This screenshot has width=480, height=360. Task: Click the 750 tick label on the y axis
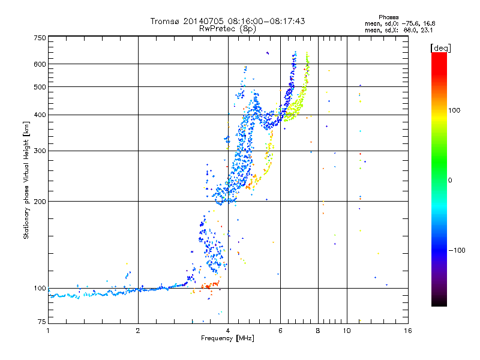(40, 37)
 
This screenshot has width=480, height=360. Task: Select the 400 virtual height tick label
(40, 115)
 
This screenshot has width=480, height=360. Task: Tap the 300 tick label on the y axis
(40, 151)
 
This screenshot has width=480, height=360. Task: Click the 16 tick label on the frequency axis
(407, 331)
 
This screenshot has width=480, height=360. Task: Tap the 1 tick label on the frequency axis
(48, 331)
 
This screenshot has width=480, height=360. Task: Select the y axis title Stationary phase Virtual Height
(26, 180)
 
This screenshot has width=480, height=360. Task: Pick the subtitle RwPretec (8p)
(227, 28)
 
